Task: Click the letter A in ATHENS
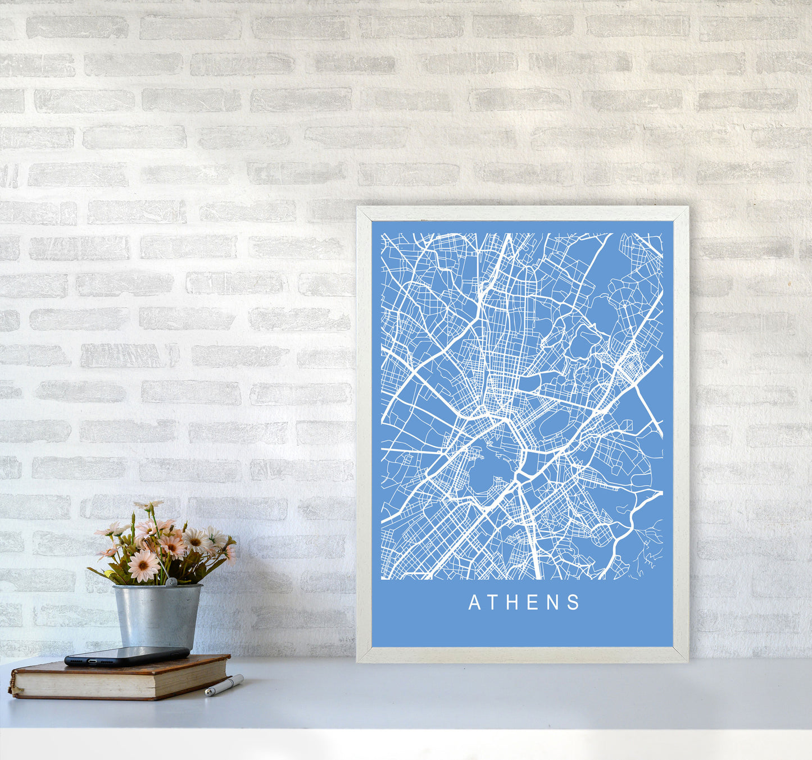(x=474, y=603)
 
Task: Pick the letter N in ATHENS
(x=553, y=603)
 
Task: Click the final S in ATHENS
(x=574, y=603)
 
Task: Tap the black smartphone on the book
(x=126, y=656)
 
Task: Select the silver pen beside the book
(x=224, y=686)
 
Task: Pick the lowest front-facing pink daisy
(x=143, y=565)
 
